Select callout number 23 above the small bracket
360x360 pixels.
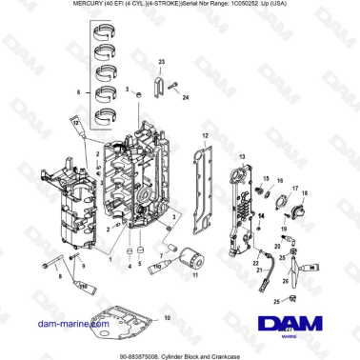click(x=161, y=61)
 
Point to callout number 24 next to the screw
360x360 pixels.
click(x=187, y=98)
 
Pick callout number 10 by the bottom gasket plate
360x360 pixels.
click(x=169, y=315)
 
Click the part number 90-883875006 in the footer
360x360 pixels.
click(x=142, y=351)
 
